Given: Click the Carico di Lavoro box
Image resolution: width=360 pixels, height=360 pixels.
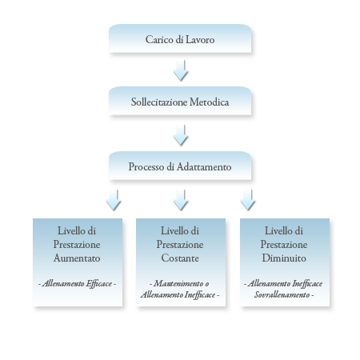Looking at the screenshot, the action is (x=180, y=38).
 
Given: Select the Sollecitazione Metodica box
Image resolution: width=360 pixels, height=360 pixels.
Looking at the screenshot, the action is (x=180, y=101).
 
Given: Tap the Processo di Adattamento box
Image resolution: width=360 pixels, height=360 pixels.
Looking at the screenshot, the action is (x=180, y=166).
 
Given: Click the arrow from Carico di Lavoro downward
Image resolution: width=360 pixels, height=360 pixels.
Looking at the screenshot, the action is (x=181, y=70).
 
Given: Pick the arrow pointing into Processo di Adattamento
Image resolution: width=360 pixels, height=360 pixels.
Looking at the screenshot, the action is (x=181, y=135).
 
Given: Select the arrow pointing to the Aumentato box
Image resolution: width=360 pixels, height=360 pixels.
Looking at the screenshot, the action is (x=114, y=200).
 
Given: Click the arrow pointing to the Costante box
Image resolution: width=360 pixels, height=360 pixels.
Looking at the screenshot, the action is (x=181, y=200).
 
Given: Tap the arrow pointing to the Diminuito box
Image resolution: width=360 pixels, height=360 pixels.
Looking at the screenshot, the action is (x=248, y=200).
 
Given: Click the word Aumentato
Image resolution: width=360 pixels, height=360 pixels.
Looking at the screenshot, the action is (x=77, y=258).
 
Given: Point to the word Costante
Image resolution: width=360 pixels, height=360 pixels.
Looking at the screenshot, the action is (x=180, y=258).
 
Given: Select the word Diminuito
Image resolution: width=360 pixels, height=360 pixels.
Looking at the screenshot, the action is (x=284, y=258).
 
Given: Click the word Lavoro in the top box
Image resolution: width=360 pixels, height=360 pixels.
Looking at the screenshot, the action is (x=200, y=40).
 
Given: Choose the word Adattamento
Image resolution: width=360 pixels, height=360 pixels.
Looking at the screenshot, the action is (x=204, y=167).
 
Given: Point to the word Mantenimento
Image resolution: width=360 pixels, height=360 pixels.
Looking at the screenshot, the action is (x=178, y=283).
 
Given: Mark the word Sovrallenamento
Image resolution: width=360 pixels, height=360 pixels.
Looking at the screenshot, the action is (x=282, y=294).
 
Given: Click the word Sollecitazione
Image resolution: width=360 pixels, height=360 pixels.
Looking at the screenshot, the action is (x=159, y=102).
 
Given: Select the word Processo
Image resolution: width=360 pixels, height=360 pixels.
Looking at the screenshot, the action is (x=146, y=167).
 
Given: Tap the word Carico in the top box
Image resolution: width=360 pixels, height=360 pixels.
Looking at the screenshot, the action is (x=159, y=40).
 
